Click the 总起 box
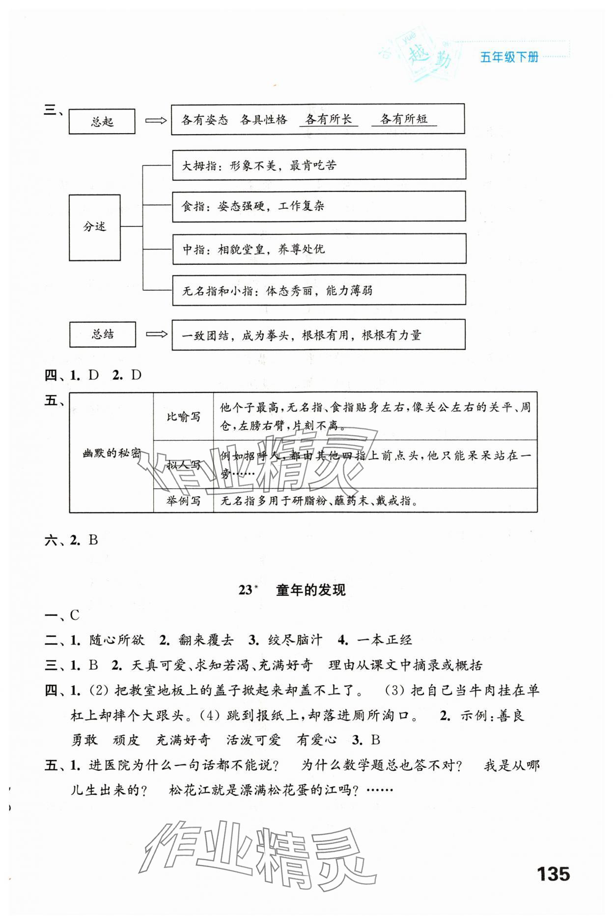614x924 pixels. tap(102, 121)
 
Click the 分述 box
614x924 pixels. tap(94, 227)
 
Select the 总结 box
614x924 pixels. tap(102, 335)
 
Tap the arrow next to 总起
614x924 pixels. tap(156, 120)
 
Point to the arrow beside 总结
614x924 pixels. tap(157, 334)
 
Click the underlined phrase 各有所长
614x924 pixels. tap(328, 119)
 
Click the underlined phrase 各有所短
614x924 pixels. tap(404, 119)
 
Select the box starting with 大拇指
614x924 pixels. tap(318, 165)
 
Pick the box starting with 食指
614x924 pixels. tap(318, 206)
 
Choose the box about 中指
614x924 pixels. tap(318, 249)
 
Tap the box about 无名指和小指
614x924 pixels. tap(318, 290)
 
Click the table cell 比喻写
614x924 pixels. tap(183, 417)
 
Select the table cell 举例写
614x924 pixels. tap(183, 501)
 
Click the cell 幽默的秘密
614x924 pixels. tap(112, 453)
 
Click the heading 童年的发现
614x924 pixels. tap(310, 590)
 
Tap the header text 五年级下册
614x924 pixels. tap(509, 57)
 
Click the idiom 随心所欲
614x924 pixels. tap(117, 640)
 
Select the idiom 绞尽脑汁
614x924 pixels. tap(295, 640)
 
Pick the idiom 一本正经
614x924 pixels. tap(385, 640)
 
